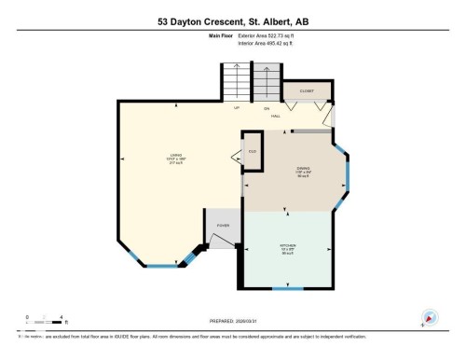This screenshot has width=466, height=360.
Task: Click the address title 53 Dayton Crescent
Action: click(x=232, y=19)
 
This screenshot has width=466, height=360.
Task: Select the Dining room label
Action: click(x=290, y=173)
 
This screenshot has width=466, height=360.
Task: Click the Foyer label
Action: click(x=224, y=226)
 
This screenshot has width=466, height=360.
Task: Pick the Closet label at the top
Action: click(x=307, y=90)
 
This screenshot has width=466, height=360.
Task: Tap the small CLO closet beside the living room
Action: click(x=251, y=152)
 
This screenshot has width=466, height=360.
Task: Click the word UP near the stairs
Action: click(x=236, y=109)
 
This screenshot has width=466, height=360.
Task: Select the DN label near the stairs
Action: click(x=267, y=109)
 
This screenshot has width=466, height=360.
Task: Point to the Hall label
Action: click(x=277, y=118)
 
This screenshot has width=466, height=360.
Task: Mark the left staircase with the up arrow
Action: click(x=237, y=80)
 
